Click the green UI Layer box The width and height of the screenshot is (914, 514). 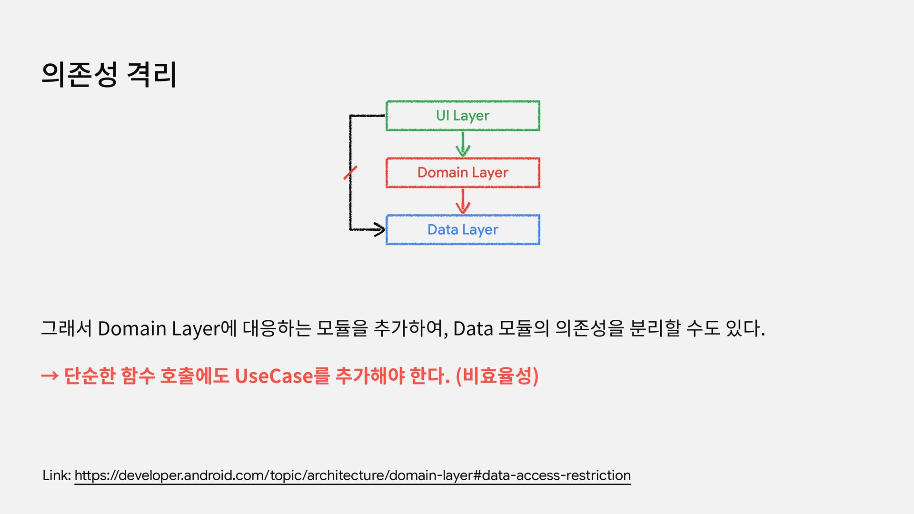(463, 116)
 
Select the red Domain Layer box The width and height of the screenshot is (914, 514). (463, 173)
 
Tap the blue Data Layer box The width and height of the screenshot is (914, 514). (463, 230)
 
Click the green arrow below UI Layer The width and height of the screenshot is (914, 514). (463, 144)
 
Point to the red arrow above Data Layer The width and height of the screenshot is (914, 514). (463, 201)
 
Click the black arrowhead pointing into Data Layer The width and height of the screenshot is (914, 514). (379, 229)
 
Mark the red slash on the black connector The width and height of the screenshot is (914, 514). (350, 173)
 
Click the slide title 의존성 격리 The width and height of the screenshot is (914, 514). (109, 75)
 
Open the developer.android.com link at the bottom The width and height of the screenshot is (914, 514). (352, 475)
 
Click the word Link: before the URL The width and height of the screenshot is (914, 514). (57, 475)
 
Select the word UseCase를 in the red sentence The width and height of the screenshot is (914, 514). (282, 376)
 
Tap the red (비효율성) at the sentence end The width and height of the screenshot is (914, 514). (497, 376)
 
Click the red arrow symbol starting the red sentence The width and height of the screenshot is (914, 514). (50, 376)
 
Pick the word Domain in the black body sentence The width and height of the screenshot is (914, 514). (132, 328)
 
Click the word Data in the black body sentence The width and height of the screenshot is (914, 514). (473, 328)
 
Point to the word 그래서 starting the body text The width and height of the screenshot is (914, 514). (66, 328)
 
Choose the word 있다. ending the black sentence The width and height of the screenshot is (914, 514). (745, 328)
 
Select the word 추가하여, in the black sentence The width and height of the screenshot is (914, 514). (411, 328)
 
